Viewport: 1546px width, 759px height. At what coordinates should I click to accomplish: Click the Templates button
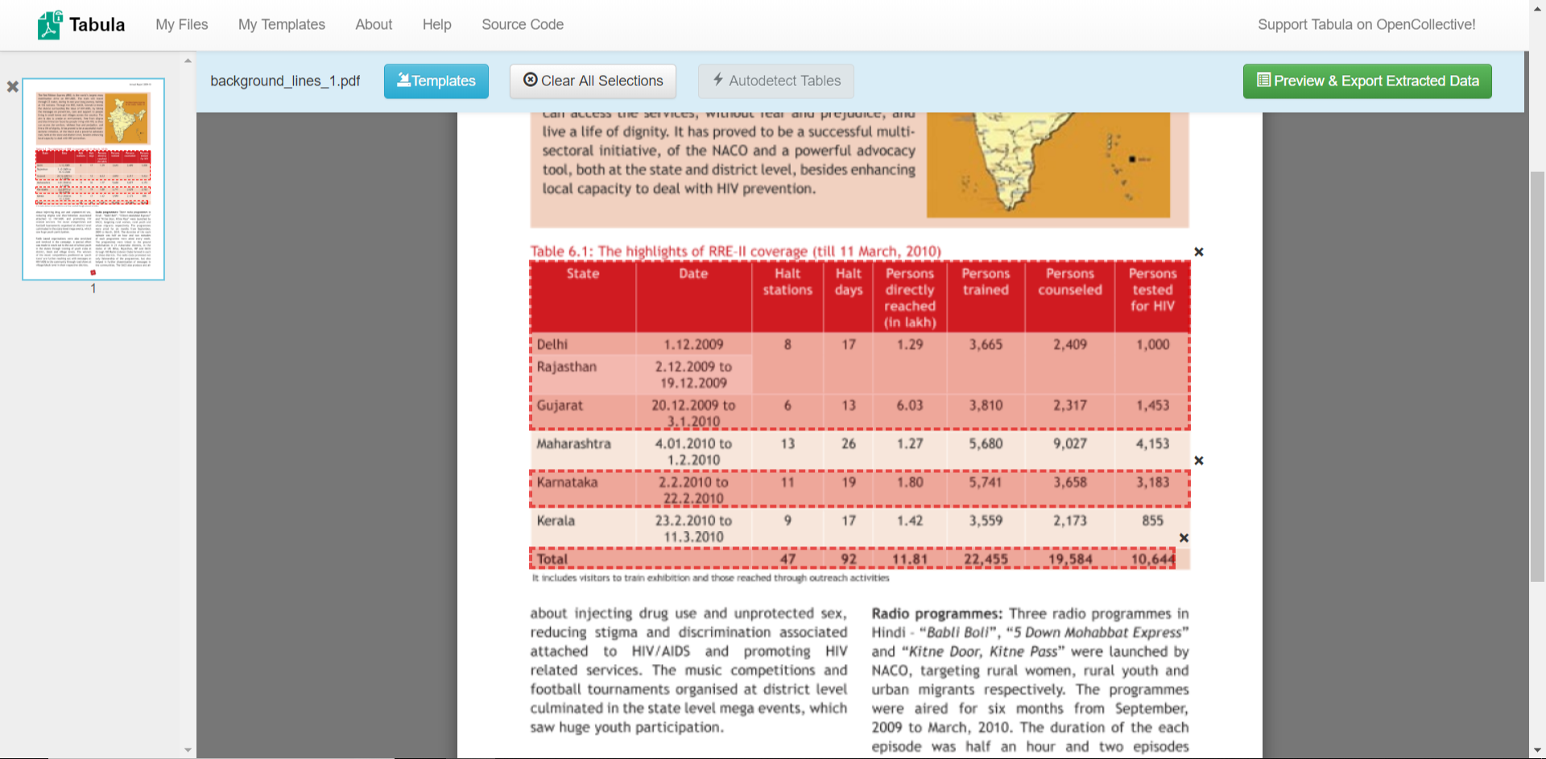coord(436,81)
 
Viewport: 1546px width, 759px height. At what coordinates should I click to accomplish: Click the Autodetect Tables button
coord(775,81)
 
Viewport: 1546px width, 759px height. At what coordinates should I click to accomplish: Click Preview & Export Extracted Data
coord(1366,81)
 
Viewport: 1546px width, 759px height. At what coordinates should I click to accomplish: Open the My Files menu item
coord(181,25)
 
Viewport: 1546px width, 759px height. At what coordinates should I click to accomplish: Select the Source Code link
coord(522,25)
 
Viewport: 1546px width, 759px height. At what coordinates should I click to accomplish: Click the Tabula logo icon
coord(49,25)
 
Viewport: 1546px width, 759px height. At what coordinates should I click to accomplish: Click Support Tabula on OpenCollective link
coord(1366,25)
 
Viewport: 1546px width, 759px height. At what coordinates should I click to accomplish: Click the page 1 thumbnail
coord(93,179)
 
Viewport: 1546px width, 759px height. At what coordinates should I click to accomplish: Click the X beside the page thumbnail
coord(13,86)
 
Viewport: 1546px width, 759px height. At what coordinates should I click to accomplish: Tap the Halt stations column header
coord(787,282)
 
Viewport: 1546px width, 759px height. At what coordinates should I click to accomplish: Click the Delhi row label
coord(552,345)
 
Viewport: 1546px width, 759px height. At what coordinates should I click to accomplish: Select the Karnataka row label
coord(567,483)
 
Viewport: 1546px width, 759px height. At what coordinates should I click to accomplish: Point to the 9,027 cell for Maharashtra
coord(1069,444)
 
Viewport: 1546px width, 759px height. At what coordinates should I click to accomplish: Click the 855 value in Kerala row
coord(1151,521)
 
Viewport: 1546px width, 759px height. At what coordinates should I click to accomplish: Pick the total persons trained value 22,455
coord(986,559)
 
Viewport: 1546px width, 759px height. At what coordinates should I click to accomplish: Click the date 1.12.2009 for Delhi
coord(693,345)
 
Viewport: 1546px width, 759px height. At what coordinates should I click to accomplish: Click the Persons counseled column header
coord(1069,282)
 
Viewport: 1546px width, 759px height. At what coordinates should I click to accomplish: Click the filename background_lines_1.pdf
coord(285,81)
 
